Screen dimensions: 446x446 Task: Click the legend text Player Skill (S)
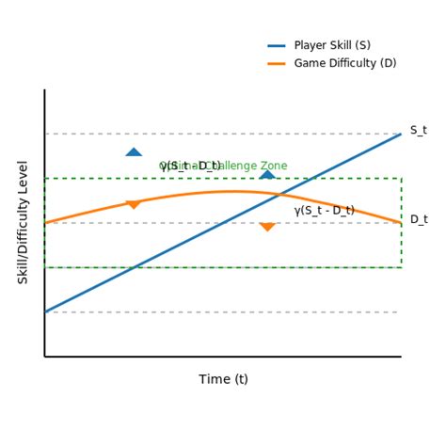pos(331,45)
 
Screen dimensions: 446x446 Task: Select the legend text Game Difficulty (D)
pos(344,63)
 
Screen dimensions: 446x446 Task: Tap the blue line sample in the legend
pos(277,45)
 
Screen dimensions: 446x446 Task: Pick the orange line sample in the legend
pos(277,63)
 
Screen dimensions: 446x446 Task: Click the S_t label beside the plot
pos(418,131)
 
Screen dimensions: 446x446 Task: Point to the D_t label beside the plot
pos(418,219)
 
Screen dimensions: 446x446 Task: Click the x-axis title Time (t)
pos(223,379)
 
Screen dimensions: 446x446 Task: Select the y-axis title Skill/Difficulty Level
pos(24,222)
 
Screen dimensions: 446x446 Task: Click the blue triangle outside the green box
pos(134,151)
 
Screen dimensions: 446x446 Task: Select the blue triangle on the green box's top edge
pos(267,174)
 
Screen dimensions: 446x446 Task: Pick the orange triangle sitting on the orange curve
pos(134,204)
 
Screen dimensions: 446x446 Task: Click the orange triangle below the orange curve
pos(267,227)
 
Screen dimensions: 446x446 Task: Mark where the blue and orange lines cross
pos(279,195)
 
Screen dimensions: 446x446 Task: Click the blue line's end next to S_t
pos(400,135)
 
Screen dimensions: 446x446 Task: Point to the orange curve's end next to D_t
pos(400,223)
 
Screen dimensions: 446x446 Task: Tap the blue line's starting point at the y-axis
pos(45,311)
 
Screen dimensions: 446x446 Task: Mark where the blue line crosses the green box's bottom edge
pos(134,267)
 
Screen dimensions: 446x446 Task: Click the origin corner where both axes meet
pos(44,357)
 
